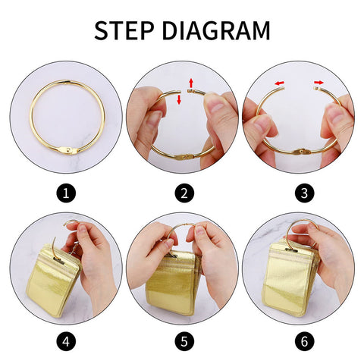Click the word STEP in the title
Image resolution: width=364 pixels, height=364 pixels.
point(124,30)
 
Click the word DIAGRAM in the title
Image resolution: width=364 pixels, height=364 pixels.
point(216,30)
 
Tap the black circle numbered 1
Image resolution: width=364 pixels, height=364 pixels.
point(66,193)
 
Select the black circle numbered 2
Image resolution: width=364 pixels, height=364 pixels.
point(184,193)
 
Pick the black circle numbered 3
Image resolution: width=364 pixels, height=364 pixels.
point(305,193)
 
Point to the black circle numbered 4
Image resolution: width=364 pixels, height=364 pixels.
point(66,341)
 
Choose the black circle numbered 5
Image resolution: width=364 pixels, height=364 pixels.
point(184,341)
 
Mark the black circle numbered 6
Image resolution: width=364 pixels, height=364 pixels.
point(305,341)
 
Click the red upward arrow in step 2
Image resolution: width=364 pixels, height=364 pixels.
point(191,83)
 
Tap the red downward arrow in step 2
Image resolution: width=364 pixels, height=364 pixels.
point(179,99)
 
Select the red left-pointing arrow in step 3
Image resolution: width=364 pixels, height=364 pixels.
point(280,83)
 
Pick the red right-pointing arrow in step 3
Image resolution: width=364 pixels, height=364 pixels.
point(319,83)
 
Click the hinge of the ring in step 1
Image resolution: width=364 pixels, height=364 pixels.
point(68,151)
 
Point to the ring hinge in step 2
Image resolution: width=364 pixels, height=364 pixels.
point(185,157)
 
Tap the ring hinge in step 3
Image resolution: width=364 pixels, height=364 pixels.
point(302,152)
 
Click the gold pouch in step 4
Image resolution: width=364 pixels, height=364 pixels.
point(52,280)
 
